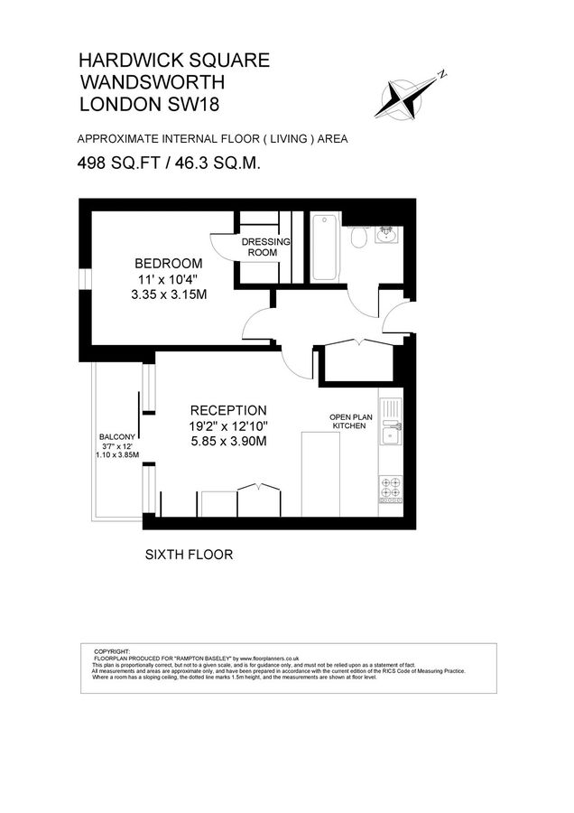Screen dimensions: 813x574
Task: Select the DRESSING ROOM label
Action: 266,248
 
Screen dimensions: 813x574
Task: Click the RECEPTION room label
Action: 227,409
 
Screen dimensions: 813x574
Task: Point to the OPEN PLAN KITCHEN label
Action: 348,421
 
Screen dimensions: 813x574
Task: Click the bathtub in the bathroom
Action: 324,249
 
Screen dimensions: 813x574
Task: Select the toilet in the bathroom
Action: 359,237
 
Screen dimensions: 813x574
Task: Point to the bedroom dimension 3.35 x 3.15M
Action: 163,295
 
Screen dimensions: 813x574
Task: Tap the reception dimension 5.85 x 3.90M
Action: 227,442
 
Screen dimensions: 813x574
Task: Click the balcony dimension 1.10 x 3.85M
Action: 117,455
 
